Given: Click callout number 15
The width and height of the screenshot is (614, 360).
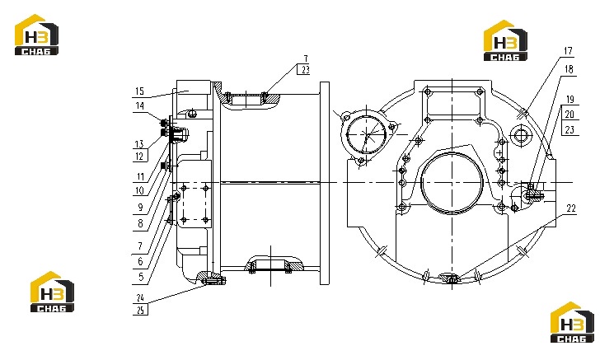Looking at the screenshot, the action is (140, 91).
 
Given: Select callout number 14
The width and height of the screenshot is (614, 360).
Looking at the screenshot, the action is (140, 105).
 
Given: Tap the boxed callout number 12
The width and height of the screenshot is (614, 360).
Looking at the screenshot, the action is (140, 157).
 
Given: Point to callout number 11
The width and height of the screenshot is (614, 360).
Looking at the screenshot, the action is (140, 176).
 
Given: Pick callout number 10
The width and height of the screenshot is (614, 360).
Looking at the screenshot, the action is (140, 191).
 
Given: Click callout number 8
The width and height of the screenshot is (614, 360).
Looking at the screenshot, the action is (140, 223).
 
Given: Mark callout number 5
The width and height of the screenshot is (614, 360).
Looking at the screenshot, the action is (141, 277).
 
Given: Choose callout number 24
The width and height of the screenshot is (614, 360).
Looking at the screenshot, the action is (140, 297).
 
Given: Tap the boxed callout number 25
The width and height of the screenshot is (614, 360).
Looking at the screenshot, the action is (141, 310).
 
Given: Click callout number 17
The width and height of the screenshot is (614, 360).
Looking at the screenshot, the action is (568, 51).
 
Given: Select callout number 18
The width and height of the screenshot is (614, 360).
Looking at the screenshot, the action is (569, 69).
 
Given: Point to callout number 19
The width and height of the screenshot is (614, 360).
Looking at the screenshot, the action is (569, 100).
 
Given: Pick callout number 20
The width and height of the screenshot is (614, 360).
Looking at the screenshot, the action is (569, 114).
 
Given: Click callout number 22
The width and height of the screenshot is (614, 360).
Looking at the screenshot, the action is (571, 208).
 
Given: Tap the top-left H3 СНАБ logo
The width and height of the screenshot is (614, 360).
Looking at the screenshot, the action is (36, 35).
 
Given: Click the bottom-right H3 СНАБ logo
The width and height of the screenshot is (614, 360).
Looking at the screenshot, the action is (572, 322).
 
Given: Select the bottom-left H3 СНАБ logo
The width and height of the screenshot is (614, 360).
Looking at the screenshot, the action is (52, 292).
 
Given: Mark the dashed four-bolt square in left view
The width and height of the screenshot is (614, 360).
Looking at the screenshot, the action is (183, 203).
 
